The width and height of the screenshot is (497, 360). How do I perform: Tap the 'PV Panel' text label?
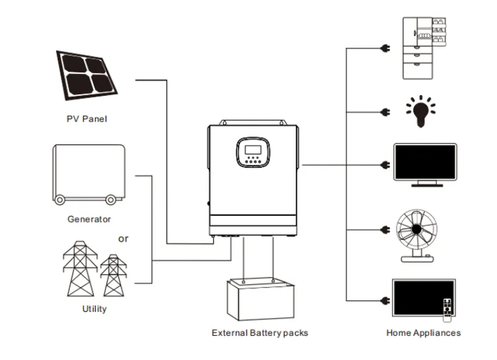[x=86, y=119]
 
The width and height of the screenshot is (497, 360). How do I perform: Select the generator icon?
[x=88, y=173]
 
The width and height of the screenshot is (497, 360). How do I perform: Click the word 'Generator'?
[x=89, y=219]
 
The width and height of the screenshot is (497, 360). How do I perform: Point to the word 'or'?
[x=123, y=238]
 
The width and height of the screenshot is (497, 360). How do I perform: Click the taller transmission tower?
[x=81, y=268]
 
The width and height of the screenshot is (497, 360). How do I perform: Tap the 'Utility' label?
[x=94, y=308]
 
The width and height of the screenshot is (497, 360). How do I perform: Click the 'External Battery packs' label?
[x=260, y=333]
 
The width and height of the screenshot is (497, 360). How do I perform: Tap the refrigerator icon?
[x=426, y=48]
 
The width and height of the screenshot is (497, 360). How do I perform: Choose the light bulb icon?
[x=421, y=110]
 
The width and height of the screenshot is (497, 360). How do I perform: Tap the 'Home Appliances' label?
[x=423, y=333]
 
